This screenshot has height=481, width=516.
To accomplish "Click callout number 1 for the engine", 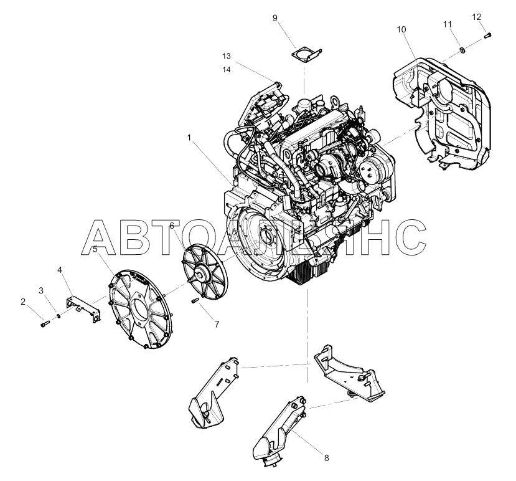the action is [x=189, y=137].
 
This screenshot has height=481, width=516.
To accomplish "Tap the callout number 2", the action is [x=22, y=302].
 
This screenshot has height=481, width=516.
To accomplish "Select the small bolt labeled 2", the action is [x=45, y=324].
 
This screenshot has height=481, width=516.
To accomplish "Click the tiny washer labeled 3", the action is [x=59, y=316].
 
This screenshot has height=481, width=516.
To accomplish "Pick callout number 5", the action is [x=95, y=249].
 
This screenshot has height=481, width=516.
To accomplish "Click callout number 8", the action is [x=326, y=458].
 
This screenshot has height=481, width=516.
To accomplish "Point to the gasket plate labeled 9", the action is [x=306, y=55].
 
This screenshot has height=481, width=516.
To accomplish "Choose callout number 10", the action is [x=401, y=29].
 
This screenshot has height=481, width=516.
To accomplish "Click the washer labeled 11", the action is [x=462, y=50].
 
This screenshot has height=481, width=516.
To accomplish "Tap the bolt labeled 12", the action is [x=488, y=35].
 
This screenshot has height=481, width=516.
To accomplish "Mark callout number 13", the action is [x=227, y=56].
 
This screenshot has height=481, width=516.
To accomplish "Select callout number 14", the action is [x=227, y=70].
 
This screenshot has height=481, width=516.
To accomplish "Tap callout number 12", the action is [x=477, y=17].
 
